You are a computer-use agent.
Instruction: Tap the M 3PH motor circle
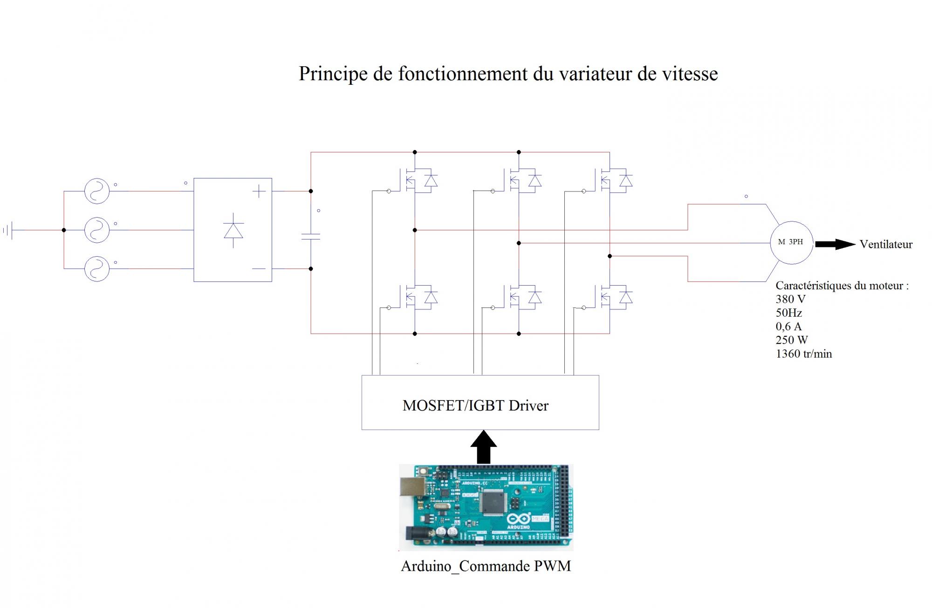tap(791, 242)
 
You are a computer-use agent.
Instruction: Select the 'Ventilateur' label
tap(886, 245)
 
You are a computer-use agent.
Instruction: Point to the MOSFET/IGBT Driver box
tap(480, 403)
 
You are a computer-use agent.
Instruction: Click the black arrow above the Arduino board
tap(483, 447)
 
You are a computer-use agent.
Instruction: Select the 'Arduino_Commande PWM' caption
tap(486, 566)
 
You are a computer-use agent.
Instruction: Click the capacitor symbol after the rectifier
tap(311, 236)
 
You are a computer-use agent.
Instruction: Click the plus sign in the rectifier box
tap(259, 191)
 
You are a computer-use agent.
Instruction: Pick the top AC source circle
tap(97, 191)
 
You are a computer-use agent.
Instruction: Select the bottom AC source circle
tap(97, 269)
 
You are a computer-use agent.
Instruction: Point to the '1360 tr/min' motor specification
tap(803, 354)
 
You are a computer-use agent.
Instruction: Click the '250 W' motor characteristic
tap(791, 340)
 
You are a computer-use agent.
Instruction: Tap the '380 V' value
tap(790, 299)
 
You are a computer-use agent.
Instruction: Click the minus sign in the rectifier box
tap(259, 269)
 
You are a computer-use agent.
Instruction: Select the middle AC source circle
tap(97, 230)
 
